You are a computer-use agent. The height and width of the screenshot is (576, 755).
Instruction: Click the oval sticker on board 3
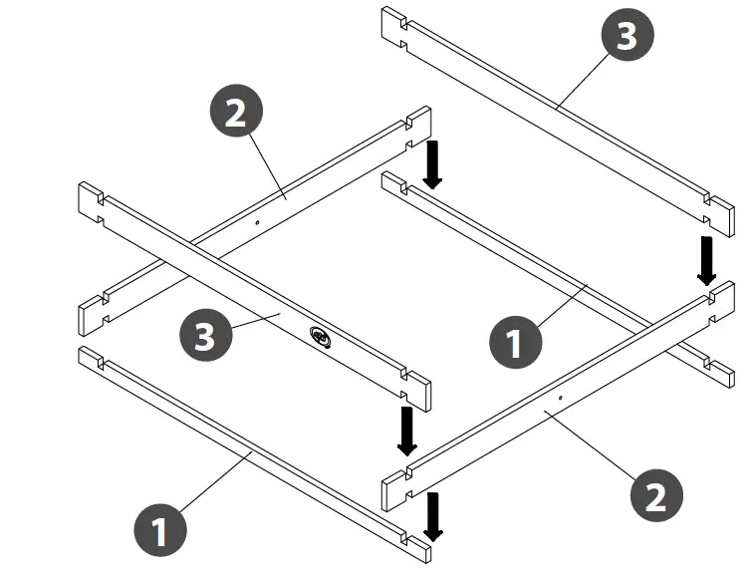[323, 339]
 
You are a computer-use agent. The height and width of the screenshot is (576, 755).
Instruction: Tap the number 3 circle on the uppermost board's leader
[627, 36]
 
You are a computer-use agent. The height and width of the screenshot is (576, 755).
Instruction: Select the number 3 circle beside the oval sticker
[204, 335]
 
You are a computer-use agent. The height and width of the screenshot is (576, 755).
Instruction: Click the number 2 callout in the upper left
[235, 113]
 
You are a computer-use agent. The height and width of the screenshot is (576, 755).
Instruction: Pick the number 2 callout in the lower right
[655, 495]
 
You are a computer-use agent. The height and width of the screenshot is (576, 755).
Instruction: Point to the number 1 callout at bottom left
[159, 531]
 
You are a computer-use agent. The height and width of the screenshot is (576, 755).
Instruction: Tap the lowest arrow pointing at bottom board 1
[432, 515]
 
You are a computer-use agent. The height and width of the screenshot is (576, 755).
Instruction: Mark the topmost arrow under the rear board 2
[432, 163]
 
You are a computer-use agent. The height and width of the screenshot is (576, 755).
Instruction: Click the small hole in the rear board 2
[257, 223]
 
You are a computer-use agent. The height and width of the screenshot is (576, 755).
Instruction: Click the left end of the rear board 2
[92, 313]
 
